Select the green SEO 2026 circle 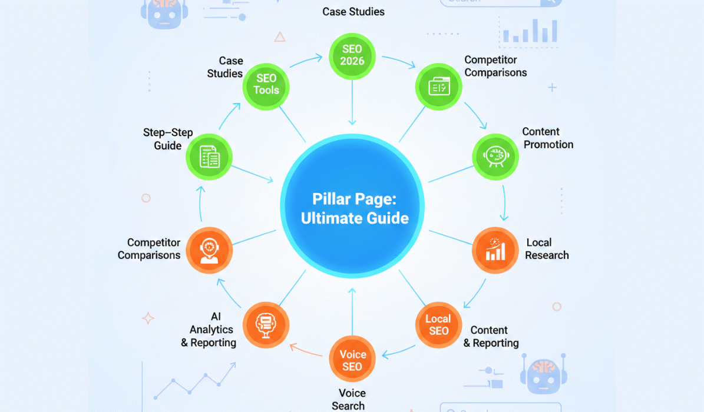point(352,55)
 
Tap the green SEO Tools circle point(266,84)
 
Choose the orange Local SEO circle point(438,325)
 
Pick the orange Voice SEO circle point(352,360)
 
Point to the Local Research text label point(546,248)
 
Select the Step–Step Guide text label point(168,139)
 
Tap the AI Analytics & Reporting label point(209,330)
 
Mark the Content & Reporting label point(491,337)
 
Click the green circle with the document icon point(209,157)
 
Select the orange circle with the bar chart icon point(495,250)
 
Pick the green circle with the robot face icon point(495,156)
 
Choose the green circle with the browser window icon point(439,86)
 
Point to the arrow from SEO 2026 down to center point(352,103)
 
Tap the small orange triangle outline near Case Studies point(280,37)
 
